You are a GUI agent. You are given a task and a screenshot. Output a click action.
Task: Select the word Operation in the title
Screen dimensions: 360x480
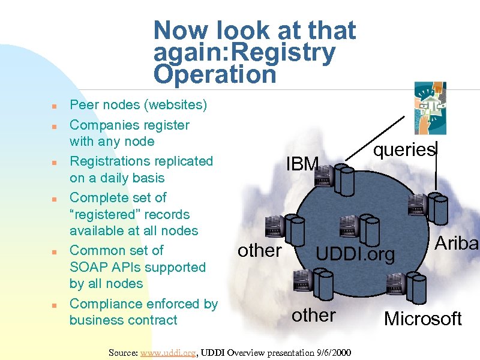point(215,75)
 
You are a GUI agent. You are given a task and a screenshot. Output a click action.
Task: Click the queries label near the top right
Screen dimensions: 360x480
point(404,149)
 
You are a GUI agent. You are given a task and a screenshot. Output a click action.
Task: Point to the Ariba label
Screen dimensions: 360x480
point(456,243)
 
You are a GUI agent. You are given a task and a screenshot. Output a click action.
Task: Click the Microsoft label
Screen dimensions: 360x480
point(422,319)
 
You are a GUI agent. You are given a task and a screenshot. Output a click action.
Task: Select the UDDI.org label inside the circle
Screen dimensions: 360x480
point(356,254)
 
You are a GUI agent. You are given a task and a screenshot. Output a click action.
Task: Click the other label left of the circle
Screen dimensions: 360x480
point(259,250)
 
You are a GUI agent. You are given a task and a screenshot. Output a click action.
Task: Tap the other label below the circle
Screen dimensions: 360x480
point(313,315)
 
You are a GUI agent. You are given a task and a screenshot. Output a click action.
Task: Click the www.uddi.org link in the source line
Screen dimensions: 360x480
point(167,352)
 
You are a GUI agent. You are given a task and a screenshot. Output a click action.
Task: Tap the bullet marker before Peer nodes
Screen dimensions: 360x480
point(54,107)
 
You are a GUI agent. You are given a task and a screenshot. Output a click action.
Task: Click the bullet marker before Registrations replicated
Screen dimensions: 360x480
point(54,163)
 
